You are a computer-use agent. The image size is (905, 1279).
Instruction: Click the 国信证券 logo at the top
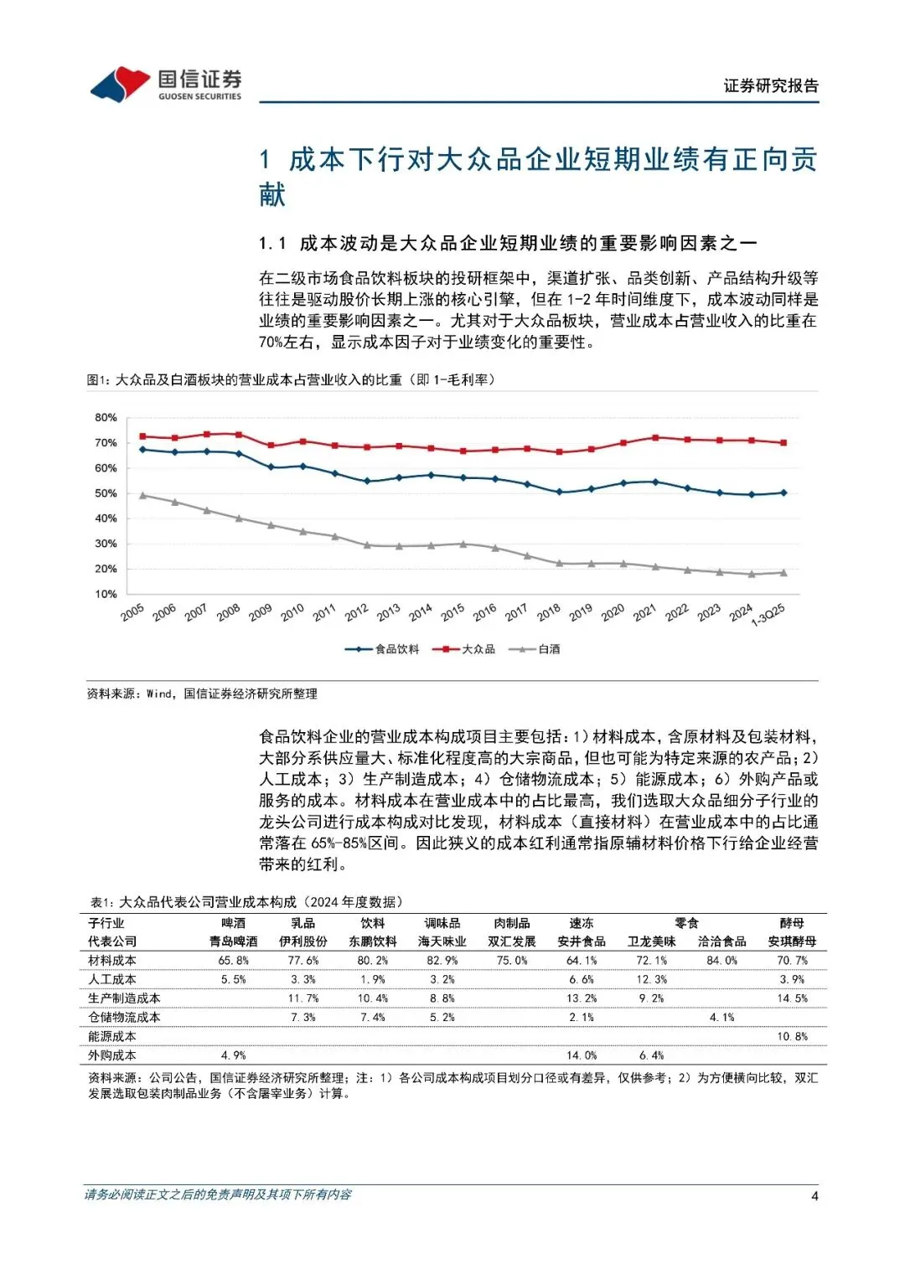[x=166, y=85]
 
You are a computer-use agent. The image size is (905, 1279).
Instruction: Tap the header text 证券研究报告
[x=771, y=85]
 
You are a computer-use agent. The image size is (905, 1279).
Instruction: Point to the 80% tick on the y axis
[x=106, y=417]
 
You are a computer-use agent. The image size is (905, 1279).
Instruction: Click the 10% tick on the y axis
[x=106, y=594]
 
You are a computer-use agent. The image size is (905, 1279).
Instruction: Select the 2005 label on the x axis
[x=132, y=613]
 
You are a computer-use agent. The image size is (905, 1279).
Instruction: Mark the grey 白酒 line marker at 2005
[x=142, y=495]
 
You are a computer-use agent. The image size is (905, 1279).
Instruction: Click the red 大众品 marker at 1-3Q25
[x=783, y=442]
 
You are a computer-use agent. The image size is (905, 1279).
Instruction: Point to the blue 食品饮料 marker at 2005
[x=142, y=450]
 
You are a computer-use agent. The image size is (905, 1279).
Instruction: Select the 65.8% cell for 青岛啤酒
[x=234, y=961]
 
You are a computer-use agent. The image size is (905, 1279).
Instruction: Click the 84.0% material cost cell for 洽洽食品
[x=721, y=961]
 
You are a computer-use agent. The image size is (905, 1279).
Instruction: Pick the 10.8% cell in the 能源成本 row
[x=792, y=1036]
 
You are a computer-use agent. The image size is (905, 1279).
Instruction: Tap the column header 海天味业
[x=442, y=941]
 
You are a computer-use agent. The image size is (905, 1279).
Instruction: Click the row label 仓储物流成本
[x=124, y=1017]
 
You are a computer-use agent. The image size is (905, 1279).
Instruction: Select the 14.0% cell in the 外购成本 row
[x=582, y=1055]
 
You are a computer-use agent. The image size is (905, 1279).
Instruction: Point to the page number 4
[x=814, y=1196]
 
